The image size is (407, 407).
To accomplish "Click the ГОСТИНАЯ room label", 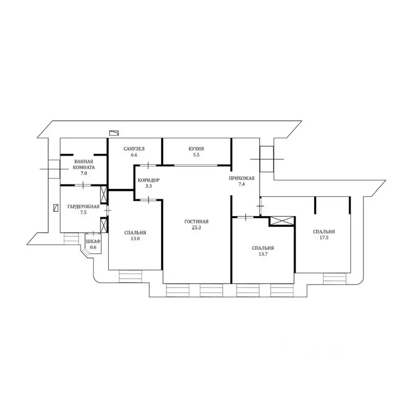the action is point(196,222).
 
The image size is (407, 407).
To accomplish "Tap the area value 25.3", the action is point(197,228).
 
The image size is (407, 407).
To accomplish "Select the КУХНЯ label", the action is point(196,149).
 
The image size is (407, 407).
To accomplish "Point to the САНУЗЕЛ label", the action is point(134,149).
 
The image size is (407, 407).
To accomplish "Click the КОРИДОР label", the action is point(148,180).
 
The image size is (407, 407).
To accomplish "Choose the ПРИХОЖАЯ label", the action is point(242,178).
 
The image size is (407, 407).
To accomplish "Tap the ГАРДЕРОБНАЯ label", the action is point(83,207).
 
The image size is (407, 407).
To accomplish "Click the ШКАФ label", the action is point(93,242).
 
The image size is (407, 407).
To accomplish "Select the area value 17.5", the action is point(324,237).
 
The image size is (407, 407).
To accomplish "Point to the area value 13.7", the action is point(263,254).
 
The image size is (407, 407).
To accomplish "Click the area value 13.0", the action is point(135,238).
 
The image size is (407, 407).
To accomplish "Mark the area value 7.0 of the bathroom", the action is point(84,173).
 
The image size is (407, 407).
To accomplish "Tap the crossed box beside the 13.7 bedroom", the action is point(282,221).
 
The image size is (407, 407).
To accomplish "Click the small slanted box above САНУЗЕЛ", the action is point(114,133).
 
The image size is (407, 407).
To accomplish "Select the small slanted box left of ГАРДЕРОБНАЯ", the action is point(56,208).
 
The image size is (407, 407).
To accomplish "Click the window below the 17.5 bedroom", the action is point(334,279).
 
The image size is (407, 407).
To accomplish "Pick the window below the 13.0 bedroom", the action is point(130,276).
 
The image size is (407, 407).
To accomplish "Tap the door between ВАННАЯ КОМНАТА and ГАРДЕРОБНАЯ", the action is point(83,185).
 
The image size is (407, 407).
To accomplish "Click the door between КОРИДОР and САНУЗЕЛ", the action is point(148,165).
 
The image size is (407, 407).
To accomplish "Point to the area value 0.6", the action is point(93,247).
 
